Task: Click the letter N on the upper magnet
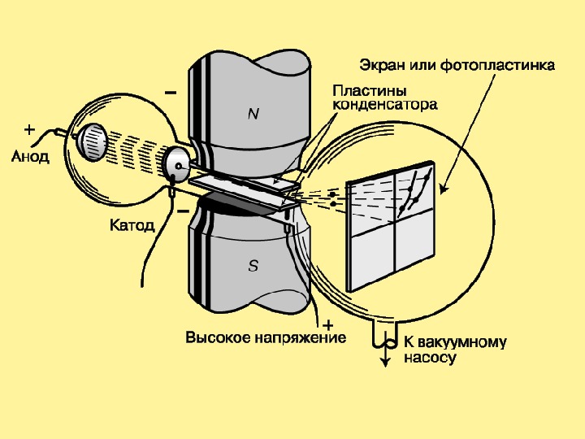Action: tap(253, 115)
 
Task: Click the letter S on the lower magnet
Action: tap(253, 267)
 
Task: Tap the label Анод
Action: tap(30, 156)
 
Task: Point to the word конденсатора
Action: tap(386, 104)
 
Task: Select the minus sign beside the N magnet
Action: tap(171, 93)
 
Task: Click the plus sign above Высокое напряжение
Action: tap(327, 324)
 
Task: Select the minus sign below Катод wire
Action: tap(183, 211)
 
